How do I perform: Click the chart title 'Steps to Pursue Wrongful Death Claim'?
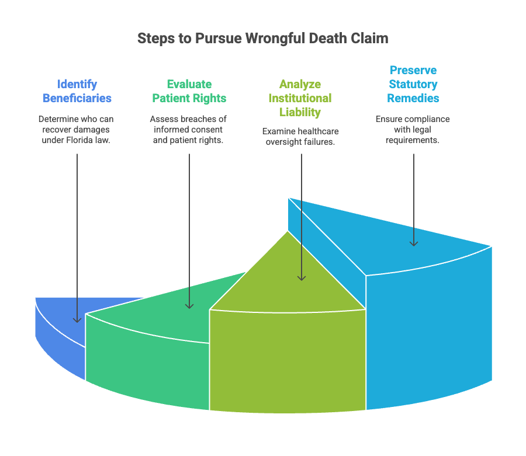[x=262, y=39]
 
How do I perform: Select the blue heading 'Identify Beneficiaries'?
[x=77, y=90]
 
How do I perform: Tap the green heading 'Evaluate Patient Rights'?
[x=189, y=90]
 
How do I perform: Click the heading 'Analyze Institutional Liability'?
[x=300, y=98]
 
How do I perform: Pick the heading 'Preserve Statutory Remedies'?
[x=413, y=84]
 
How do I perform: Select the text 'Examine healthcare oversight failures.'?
[x=300, y=136]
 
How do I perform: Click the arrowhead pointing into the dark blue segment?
[x=77, y=319]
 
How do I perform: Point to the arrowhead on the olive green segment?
[x=302, y=277]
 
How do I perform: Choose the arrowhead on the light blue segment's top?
[x=414, y=242]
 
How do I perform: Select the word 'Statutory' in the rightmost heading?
[x=413, y=84]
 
